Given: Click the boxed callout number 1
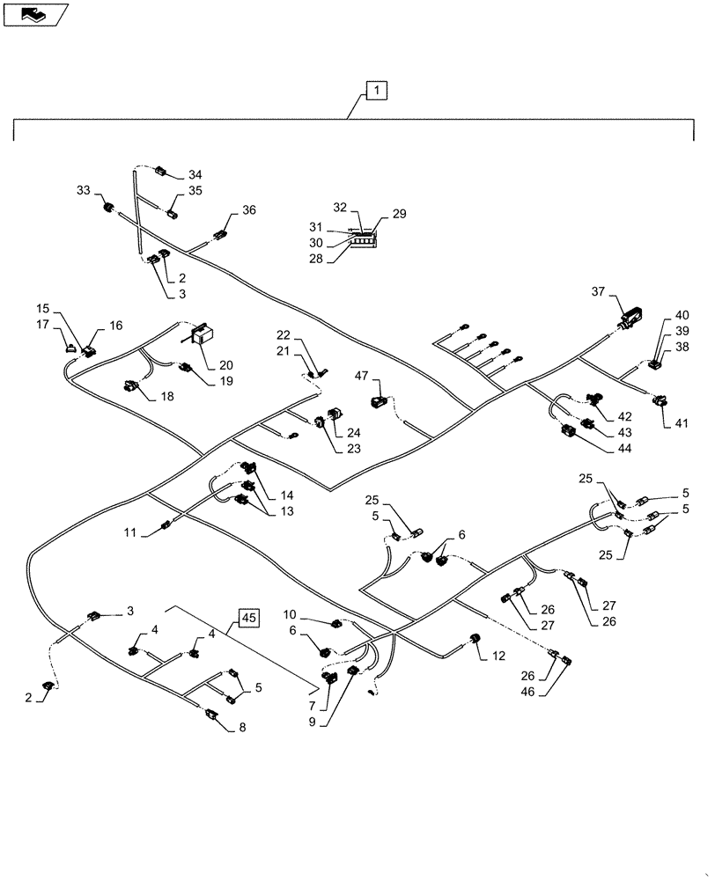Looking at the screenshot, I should click(376, 91).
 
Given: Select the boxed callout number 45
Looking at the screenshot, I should click(248, 618).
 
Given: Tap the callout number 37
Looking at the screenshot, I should click(599, 293).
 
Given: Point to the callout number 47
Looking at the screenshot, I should click(361, 376).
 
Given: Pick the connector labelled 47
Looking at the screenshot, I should click(380, 401).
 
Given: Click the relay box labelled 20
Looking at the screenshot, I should click(204, 334).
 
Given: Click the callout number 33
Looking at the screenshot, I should click(83, 190).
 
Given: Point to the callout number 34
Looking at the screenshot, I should click(195, 175).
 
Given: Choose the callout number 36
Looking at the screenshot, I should click(249, 210).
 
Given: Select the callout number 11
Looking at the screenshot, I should click(131, 532).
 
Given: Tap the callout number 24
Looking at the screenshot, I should click(353, 432).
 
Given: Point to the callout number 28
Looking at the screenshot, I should click(317, 258).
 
